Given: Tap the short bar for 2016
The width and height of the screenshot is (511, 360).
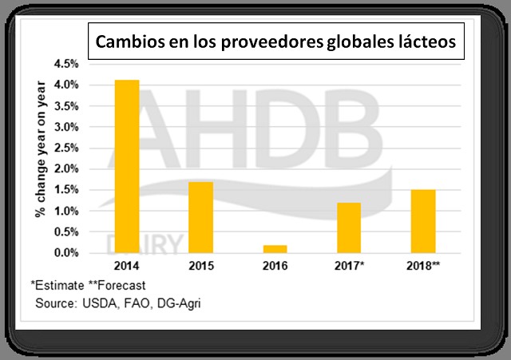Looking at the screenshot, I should (x=275, y=248).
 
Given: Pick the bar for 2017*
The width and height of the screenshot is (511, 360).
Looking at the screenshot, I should (x=349, y=227).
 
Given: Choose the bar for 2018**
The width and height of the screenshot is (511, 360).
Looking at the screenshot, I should (x=423, y=221).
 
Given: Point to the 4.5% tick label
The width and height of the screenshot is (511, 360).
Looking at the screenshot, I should (x=66, y=64).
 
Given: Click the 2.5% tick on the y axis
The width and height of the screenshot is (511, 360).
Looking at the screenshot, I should (x=66, y=148).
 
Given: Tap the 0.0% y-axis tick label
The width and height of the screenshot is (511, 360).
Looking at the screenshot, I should (x=66, y=253).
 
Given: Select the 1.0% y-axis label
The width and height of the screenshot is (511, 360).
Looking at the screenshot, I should (x=66, y=211).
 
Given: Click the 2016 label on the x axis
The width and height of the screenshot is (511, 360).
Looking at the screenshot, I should (x=275, y=266).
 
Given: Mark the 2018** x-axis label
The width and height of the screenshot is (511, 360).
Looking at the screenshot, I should (x=424, y=266).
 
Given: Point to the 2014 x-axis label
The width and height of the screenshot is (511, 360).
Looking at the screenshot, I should (x=126, y=266).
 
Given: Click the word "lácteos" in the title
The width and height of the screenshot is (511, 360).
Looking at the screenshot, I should (x=428, y=42).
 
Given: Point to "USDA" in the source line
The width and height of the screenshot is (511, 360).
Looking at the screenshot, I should (x=97, y=303).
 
